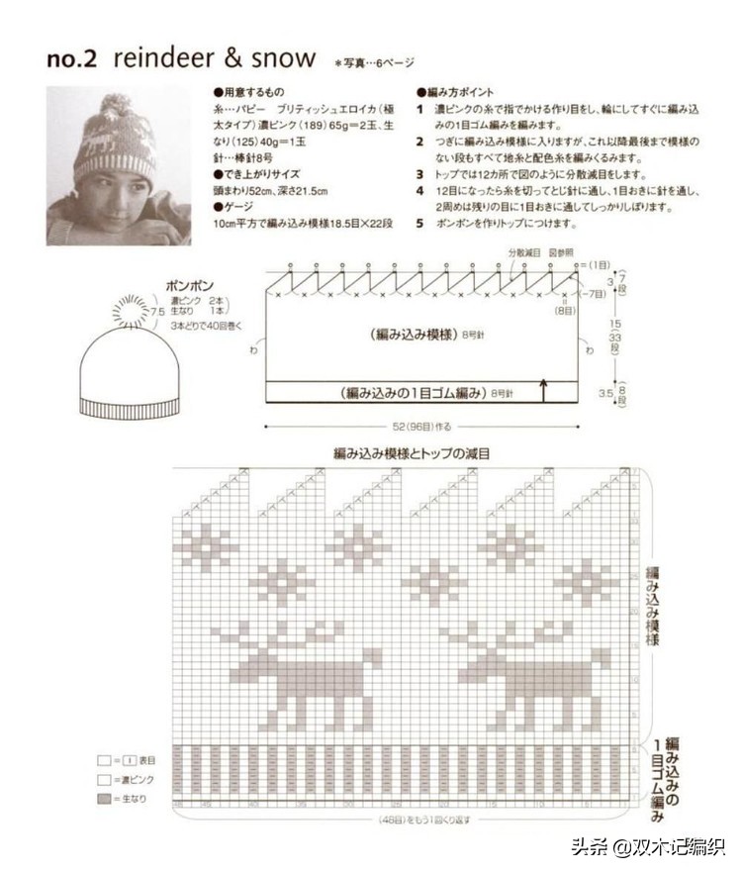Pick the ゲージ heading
234,207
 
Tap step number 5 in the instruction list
419,223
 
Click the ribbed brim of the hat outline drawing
131,406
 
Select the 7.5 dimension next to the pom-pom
156,312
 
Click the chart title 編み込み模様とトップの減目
413,453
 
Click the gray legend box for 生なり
104,797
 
